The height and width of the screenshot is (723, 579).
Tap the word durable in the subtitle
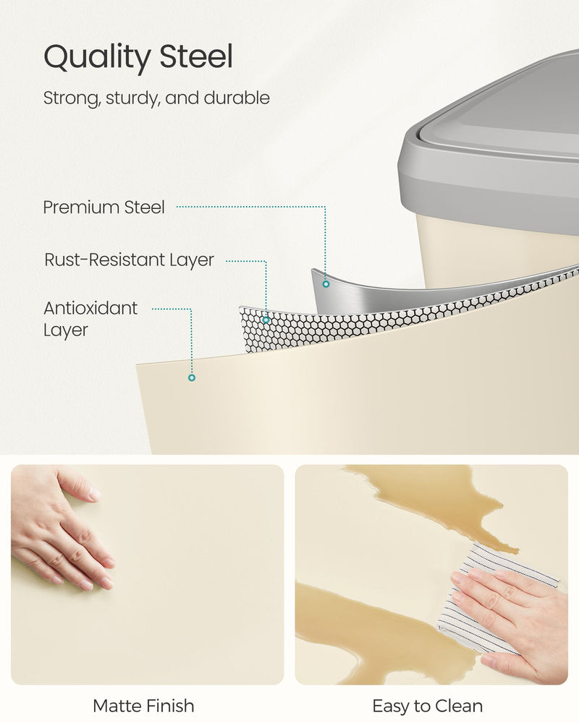236,98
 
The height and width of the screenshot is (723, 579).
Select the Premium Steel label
104,208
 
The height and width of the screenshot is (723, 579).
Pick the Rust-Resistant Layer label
130,260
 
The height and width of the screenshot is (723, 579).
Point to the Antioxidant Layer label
90,319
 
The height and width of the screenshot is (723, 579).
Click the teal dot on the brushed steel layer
326,284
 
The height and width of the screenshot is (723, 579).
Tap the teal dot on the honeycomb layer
266,319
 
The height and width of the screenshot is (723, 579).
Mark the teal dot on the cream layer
192,377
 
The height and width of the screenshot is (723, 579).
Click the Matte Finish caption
144,706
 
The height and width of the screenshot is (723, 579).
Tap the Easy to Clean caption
428,706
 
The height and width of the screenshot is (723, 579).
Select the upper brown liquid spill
434,499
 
